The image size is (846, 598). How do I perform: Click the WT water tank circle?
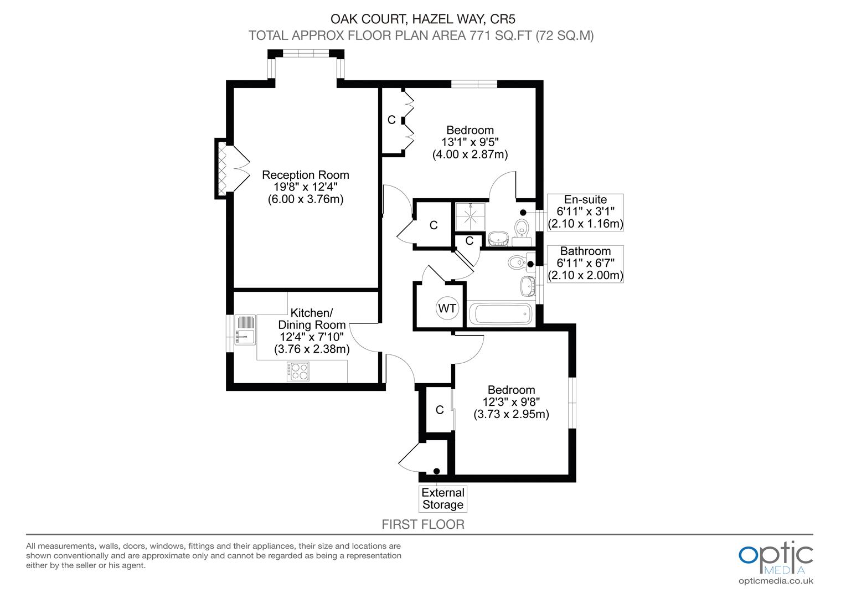coord(447,308)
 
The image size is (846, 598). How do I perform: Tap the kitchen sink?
coord(244,329)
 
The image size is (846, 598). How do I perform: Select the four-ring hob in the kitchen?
coord(298,371)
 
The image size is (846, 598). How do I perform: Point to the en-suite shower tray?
coord(471,215)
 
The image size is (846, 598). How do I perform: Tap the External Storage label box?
coord(443,499)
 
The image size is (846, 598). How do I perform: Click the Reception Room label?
coord(306,175)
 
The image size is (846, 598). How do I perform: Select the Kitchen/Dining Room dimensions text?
coord(312,343)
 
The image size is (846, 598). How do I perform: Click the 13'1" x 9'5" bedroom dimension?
coord(470,142)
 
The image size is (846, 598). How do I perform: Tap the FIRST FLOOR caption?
coord(423,524)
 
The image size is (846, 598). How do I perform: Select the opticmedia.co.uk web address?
coord(776,581)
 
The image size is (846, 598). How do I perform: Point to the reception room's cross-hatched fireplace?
coord(221,168)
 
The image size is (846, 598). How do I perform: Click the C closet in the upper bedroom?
coord(391,120)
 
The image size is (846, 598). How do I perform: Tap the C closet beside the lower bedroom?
coord(440,410)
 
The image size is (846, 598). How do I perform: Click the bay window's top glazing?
coord(306,53)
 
